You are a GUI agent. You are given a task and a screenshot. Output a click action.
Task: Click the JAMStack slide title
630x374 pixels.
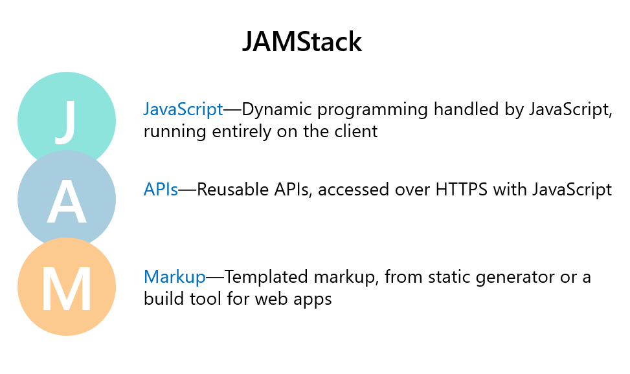(x=302, y=42)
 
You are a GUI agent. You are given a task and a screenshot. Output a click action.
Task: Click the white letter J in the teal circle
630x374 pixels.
(x=65, y=121)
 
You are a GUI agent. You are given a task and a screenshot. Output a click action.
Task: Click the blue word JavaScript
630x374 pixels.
(x=183, y=110)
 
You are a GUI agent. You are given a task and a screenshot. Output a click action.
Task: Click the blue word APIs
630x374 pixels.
(x=161, y=190)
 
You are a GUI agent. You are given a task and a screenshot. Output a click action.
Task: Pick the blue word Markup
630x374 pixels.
(x=175, y=278)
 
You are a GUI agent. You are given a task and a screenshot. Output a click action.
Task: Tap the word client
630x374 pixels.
(x=357, y=132)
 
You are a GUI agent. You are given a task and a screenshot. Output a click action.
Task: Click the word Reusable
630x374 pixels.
(x=227, y=190)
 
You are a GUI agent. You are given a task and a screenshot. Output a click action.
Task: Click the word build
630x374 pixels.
(x=163, y=300)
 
